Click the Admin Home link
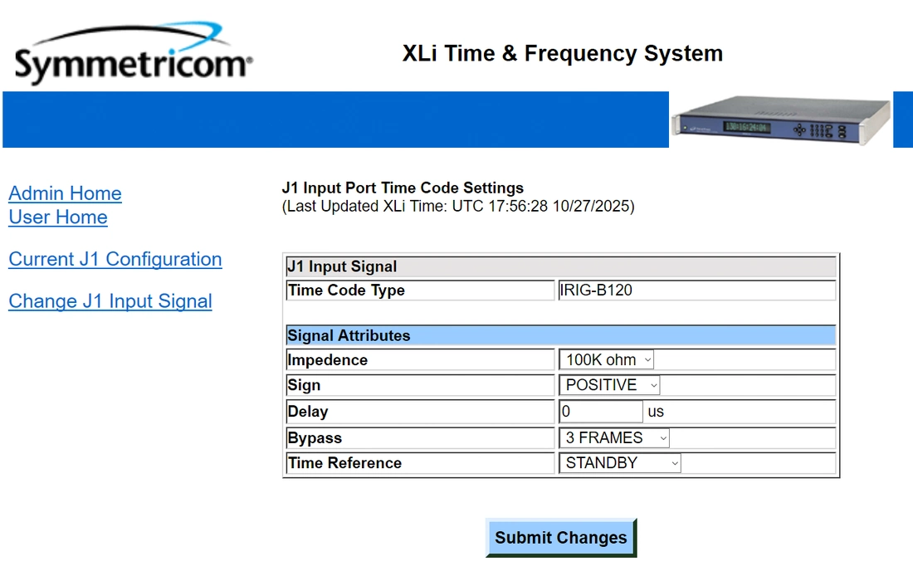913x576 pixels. [x=66, y=193]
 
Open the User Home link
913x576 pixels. [x=58, y=217]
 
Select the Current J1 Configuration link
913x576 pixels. [x=115, y=259]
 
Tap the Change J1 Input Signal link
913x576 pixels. [x=110, y=301]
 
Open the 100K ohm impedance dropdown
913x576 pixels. [x=606, y=360]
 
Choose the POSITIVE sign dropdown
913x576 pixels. [x=609, y=385]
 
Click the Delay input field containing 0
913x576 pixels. [x=601, y=411]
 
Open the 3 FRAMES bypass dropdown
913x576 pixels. [x=614, y=438]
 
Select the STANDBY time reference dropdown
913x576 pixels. [x=619, y=463]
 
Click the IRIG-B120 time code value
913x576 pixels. [x=596, y=290]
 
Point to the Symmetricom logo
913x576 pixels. [x=134, y=53]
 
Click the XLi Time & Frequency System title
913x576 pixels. [x=563, y=54]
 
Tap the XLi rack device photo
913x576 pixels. [x=781, y=120]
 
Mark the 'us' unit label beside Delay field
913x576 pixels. [x=656, y=412]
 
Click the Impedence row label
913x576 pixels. [x=327, y=360]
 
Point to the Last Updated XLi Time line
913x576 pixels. [x=458, y=206]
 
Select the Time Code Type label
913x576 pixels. [x=346, y=290]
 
